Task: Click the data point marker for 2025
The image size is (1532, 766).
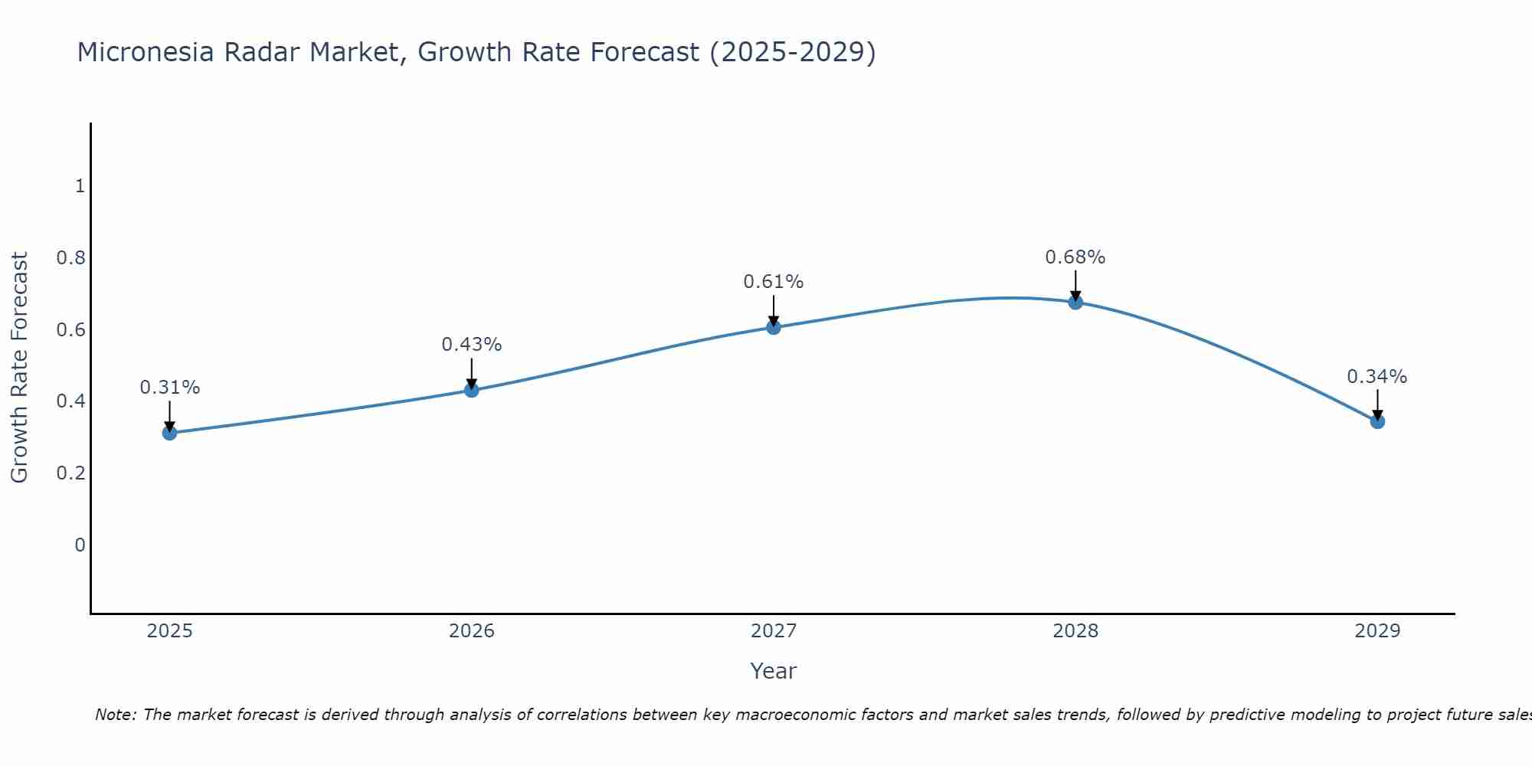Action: (x=169, y=433)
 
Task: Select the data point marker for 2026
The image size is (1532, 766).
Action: (x=472, y=390)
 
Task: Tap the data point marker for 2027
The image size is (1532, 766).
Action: (x=774, y=327)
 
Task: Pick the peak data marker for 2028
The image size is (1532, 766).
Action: (x=1075, y=302)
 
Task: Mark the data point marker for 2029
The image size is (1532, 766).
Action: (x=1377, y=421)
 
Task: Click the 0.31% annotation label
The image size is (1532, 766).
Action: (x=169, y=388)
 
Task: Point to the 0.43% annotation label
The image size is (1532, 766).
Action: (x=472, y=345)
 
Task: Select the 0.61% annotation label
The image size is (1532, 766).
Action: (x=774, y=282)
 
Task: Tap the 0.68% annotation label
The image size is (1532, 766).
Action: (x=1075, y=257)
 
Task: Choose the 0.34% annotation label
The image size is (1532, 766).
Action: (x=1377, y=377)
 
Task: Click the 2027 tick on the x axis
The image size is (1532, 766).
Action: (x=774, y=631)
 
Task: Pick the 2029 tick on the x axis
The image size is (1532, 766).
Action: (x=1377, y=631)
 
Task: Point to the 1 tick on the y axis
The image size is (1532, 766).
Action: (x=80, y=186)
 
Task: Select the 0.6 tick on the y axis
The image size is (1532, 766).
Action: (x=70, y=329)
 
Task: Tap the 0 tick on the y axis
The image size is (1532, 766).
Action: (x=80, y=545)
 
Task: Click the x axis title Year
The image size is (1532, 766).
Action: (x=774, y=671)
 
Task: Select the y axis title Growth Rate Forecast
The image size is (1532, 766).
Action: (x=19, y=368)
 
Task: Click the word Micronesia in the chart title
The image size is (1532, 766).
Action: (x=146, y=52)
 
